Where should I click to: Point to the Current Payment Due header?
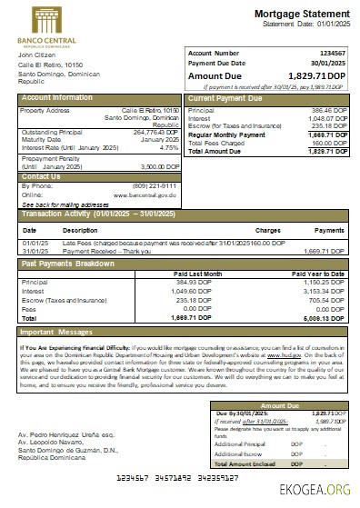[227, 97]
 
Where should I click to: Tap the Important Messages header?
[63, 334]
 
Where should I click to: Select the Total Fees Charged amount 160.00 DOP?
[327, 143]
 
